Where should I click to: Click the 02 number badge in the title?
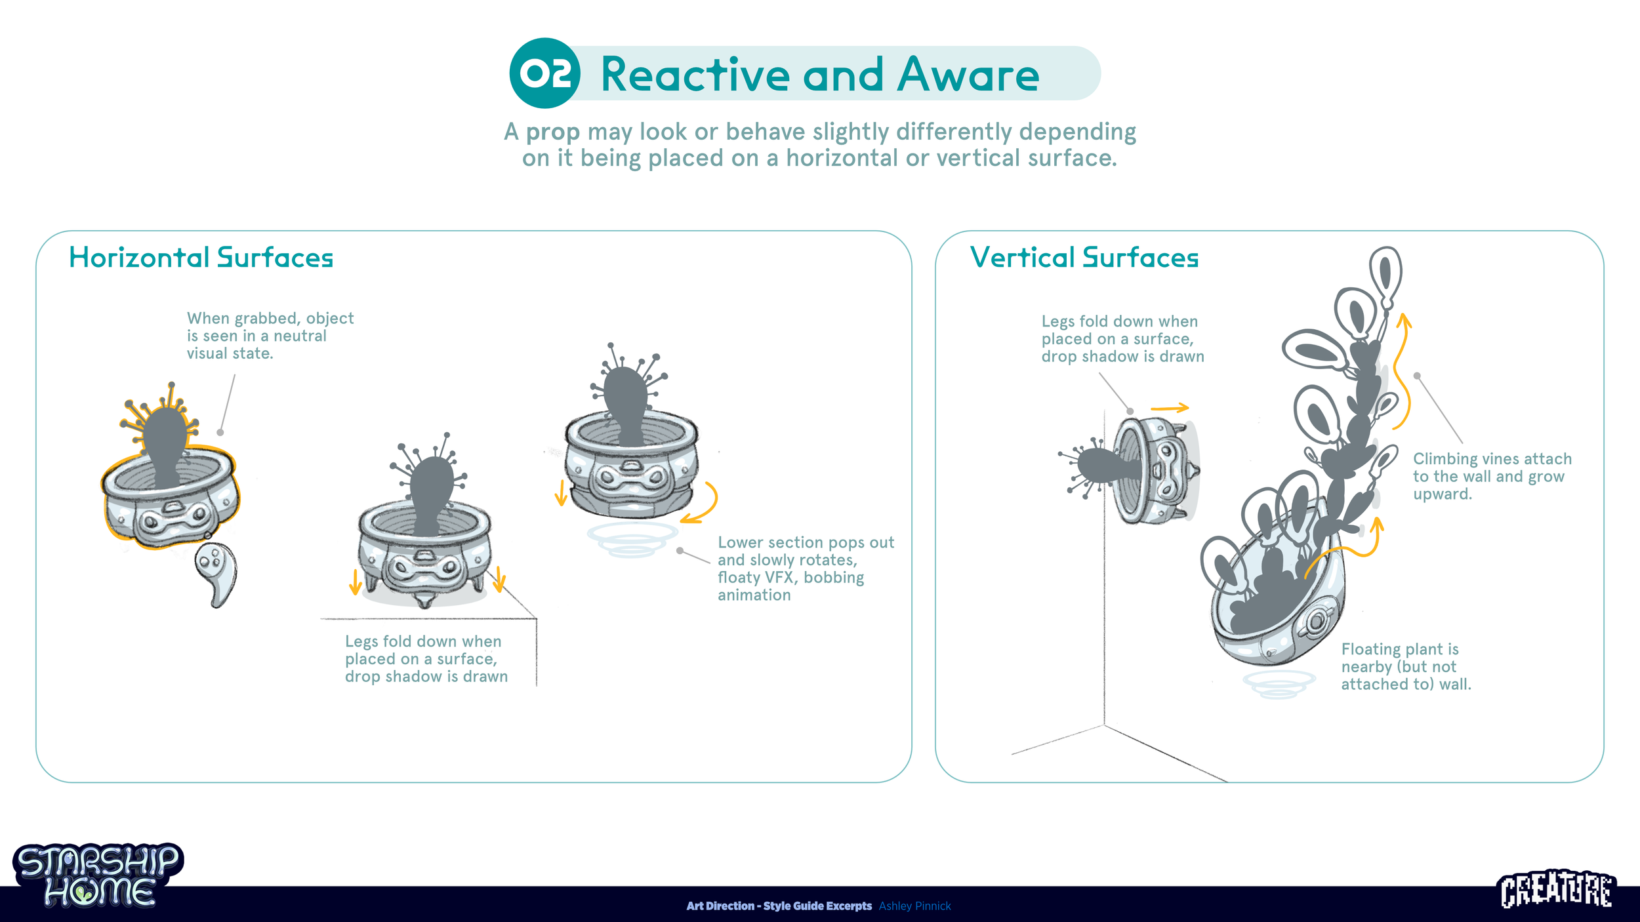point(544,73)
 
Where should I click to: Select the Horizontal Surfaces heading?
point(201,258)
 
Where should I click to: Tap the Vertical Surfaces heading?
point(1084,258)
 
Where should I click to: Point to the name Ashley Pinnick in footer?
point(914,906)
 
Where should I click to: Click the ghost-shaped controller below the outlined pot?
point(216,572)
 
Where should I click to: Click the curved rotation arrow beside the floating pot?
point(703,504)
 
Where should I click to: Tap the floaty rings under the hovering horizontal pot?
point(631,540)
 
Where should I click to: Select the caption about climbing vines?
point(1492,476)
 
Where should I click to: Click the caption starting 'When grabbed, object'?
point(270,336)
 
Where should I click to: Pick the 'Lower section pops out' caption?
point(805,568)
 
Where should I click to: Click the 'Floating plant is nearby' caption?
point(1405,666)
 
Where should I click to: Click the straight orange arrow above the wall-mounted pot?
point(1170,408)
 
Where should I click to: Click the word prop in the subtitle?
point(552,132)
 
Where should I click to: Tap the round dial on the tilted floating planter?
point(1315,622)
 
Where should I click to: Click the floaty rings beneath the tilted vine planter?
point(1278,684)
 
